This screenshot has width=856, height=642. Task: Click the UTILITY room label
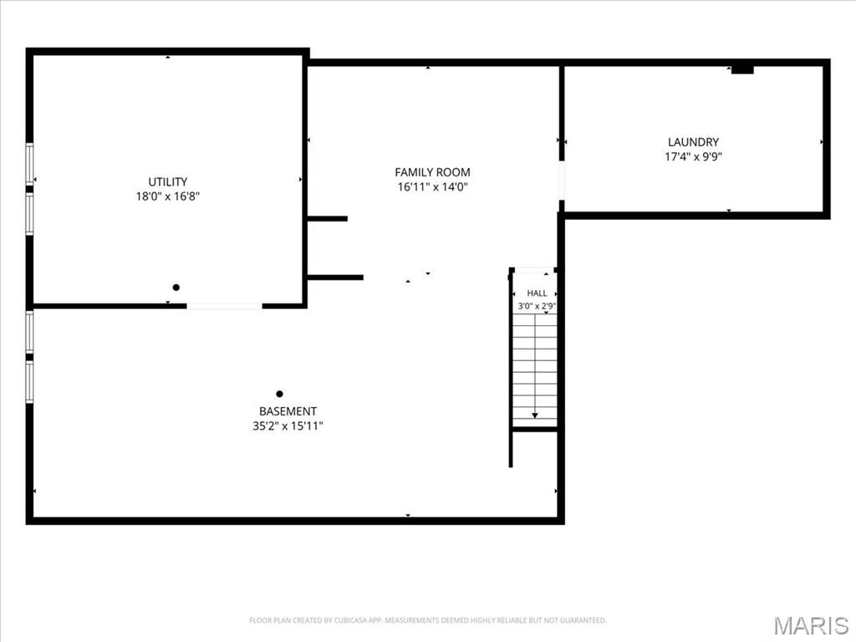[x=167, y=181]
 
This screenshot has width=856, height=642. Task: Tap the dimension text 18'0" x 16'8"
[x=167, y=196]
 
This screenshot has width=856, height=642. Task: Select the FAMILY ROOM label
[x=432, y=172]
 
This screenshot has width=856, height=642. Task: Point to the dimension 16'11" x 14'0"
[x=432, y=187]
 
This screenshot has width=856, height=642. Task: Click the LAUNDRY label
[x=693, y=142]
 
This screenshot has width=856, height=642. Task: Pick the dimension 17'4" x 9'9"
[x=693, y=156]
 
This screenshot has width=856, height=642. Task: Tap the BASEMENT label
[x=288, y=411]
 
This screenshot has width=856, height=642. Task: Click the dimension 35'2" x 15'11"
[x=288, y=425]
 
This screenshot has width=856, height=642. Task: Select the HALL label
[x=537, y=293]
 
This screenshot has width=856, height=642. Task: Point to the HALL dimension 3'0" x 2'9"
[x=537, y=306]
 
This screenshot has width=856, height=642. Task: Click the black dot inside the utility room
[x=176, y=288]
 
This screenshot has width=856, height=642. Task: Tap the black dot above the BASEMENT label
[x=279, y=394]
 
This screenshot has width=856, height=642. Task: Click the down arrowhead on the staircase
[x=535, y=416]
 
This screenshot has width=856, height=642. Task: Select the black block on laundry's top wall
[x=742, y=70]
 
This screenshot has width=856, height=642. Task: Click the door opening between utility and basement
[x=224, y=306]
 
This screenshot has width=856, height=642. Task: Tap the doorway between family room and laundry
[x=561, y=181]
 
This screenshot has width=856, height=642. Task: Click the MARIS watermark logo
[x=811, y=625]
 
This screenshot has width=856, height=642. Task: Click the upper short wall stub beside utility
[x=328, y=219]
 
